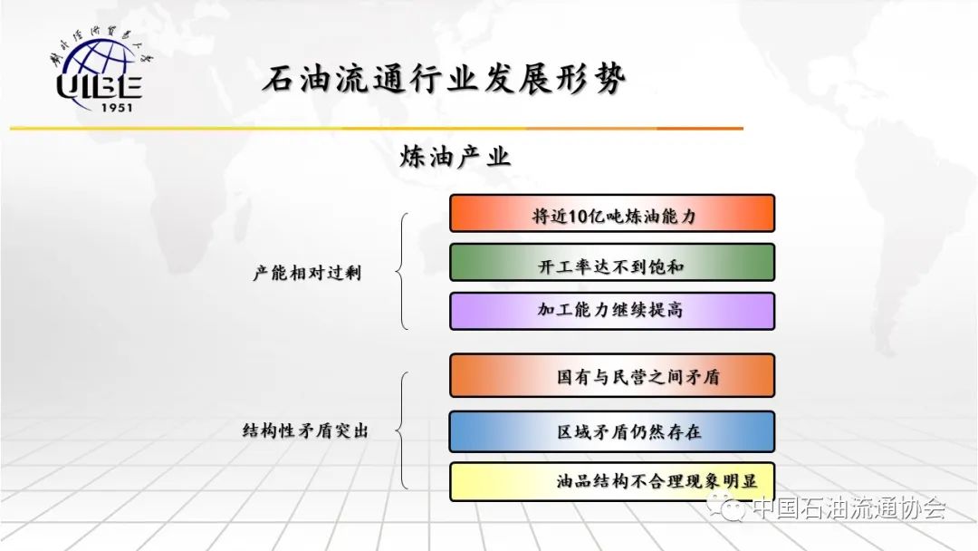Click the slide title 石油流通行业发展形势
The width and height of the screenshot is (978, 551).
[x=444, y=79]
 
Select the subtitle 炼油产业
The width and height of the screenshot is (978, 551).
[x=455, y=157]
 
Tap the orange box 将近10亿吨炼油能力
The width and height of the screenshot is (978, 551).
[x=612, y=213]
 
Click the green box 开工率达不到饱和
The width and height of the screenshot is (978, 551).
[x=612, y=263]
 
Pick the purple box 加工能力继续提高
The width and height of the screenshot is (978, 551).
[x=612, y=311]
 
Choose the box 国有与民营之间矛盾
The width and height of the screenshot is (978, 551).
[x=612, y=376]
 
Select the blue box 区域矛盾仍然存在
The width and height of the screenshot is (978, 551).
[x=612, y=431]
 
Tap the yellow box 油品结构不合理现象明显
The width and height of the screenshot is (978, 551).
[x=612, y=481]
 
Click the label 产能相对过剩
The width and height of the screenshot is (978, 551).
[x=307, y=273]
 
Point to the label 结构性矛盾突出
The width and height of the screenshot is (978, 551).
[x=305, y=430]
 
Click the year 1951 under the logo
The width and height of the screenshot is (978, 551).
[x=117, y=107]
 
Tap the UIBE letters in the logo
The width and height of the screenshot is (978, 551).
[x=100, y=86]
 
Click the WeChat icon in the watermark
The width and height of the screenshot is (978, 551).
[x=726, y=507]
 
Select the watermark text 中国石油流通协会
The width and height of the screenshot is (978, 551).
[x=849, y=507]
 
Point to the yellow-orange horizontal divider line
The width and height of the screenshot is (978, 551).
[x=377, y=129]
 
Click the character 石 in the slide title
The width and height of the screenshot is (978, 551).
[x=279, y=80]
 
